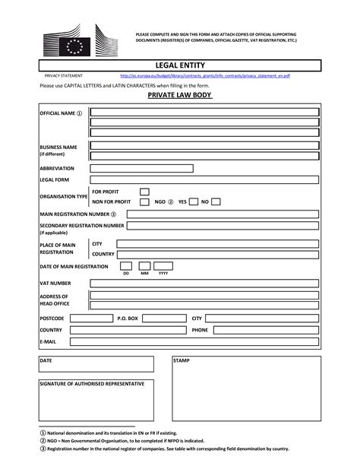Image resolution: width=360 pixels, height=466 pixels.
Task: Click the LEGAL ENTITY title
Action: (179, 66)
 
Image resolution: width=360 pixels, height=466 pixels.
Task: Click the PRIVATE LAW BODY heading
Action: (179, 97)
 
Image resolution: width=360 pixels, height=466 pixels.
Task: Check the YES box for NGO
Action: (194, 202)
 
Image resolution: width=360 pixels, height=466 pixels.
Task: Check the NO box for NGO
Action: (216, 202)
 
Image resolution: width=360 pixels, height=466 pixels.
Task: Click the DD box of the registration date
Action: (126, 266)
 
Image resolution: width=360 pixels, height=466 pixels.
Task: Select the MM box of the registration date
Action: (144, 266)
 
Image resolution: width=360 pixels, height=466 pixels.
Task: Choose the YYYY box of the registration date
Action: (163, 266)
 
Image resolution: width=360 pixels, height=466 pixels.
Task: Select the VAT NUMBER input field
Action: (204, 283)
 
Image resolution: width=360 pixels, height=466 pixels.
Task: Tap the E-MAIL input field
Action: (194, 343)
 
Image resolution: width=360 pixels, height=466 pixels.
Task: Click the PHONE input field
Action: (265, 331)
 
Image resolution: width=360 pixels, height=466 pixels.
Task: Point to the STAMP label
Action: (181, 360)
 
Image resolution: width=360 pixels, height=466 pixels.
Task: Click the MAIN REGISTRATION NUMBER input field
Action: (223, 214)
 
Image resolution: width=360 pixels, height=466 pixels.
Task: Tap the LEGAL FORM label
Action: (54, 180)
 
